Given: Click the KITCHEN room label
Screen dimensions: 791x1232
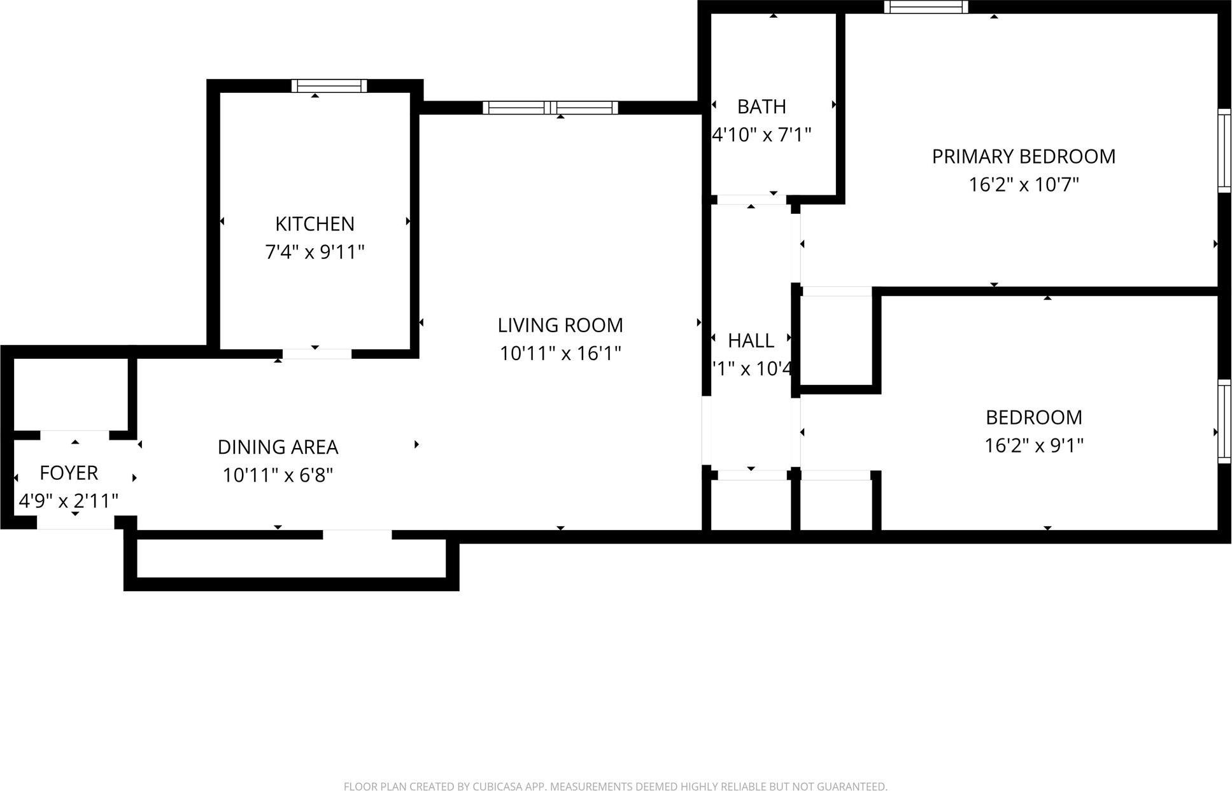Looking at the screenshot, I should point(315,224).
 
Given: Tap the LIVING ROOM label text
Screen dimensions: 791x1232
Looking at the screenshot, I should point(560,325).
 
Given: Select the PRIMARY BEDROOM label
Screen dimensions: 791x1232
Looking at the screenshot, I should point(1023,157).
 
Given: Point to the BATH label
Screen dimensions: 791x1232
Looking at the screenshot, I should point(761,107).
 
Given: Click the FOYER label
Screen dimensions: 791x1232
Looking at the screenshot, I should point(69,473).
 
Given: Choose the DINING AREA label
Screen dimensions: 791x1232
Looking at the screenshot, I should point(278,447).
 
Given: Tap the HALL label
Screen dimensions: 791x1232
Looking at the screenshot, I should point(751,341).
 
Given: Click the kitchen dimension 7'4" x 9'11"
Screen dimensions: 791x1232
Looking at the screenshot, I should point(315,253).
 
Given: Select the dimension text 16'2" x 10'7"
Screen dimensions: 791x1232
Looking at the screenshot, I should point(1023,185).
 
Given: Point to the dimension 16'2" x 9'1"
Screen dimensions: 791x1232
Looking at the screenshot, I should point(1033,445).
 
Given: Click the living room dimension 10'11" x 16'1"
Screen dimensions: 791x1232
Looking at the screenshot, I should point(560,353).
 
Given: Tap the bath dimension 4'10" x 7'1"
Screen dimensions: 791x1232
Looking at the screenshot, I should point(761,135).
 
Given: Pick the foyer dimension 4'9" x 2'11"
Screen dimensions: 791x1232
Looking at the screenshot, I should point(69,501).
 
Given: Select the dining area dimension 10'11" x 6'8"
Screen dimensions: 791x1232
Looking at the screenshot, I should point(278,475).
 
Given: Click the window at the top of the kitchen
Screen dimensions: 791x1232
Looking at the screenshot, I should point(329,86).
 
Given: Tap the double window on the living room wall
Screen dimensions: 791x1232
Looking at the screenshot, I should point(550,108).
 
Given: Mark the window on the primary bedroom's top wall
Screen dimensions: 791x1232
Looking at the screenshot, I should point(926,7).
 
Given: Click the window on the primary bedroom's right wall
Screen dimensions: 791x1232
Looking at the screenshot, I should point(1224,151).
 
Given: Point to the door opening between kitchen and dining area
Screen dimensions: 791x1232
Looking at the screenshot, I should point(317,354).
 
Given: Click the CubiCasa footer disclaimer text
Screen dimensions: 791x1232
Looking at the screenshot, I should point(615,787).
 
